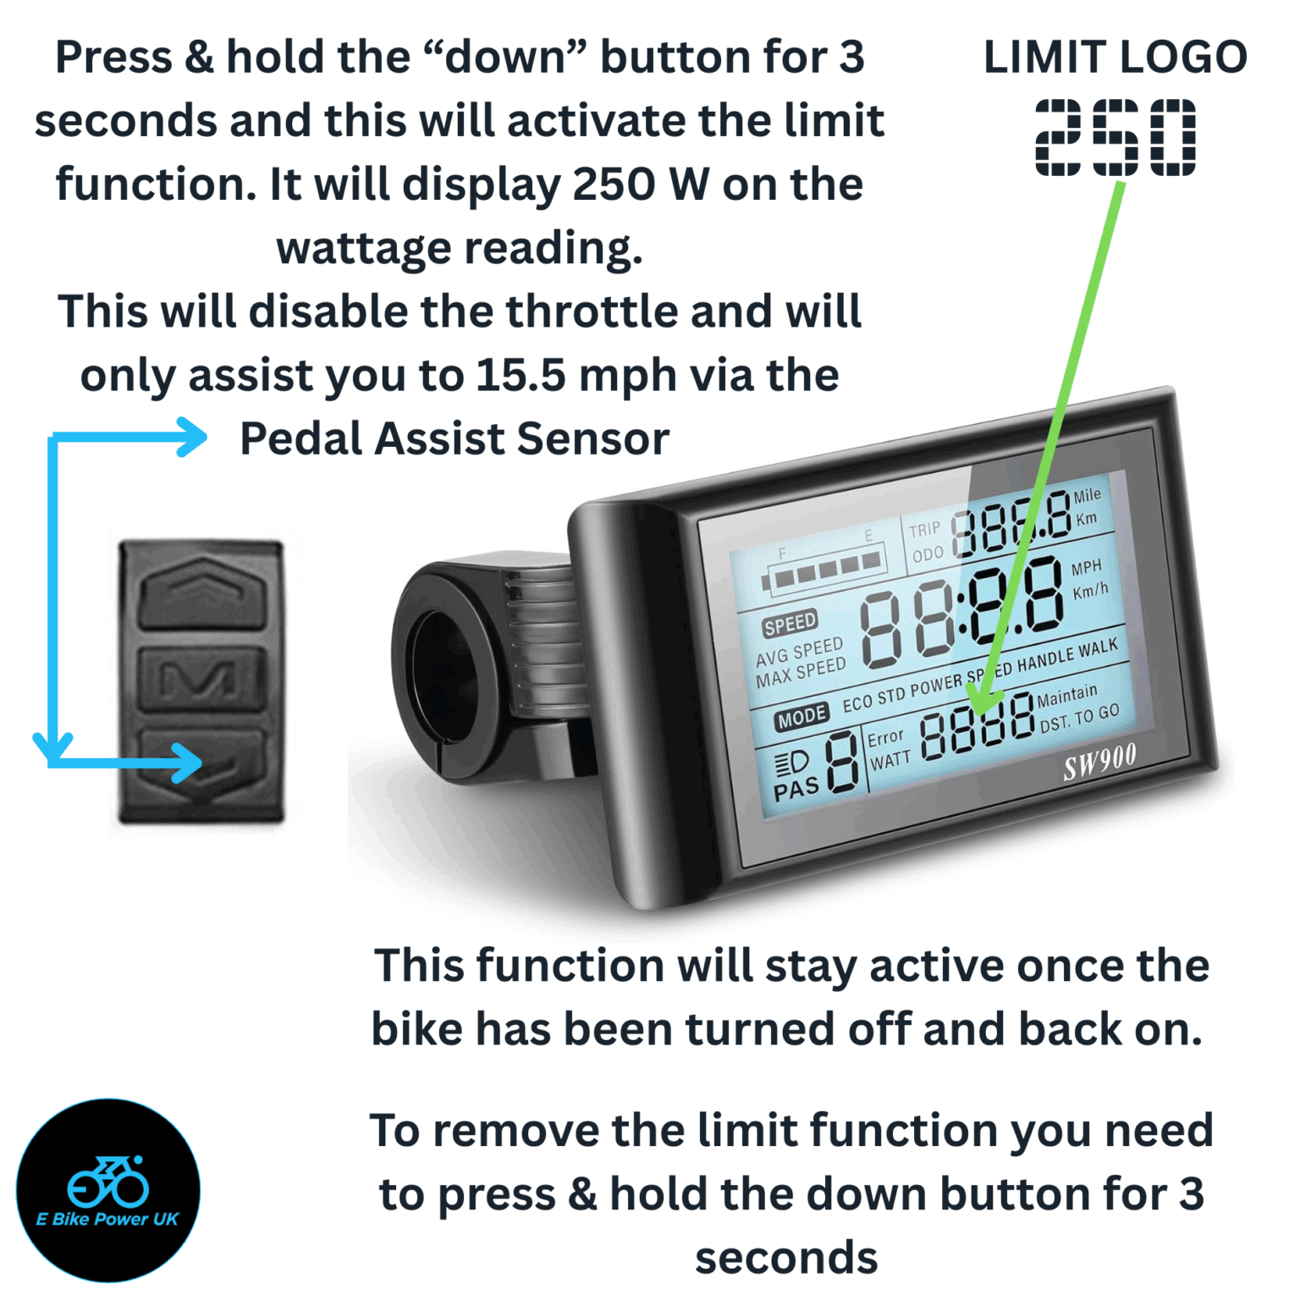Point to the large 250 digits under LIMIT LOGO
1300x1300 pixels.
click(1115, 137)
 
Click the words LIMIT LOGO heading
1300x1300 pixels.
click(1115, 58)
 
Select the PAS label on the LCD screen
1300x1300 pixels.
click(796, 790)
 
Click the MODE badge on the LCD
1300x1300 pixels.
click(801, 718)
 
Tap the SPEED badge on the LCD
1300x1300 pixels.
click(790, 625)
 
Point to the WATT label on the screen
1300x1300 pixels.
click(890, 759)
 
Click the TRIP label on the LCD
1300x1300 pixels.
click(924, 530)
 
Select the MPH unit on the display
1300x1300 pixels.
click(1086, 567)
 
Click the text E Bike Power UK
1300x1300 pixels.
click(107, 1219)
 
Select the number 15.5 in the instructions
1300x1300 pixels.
click(520, 375)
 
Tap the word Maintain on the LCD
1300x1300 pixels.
click(1066, 696)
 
